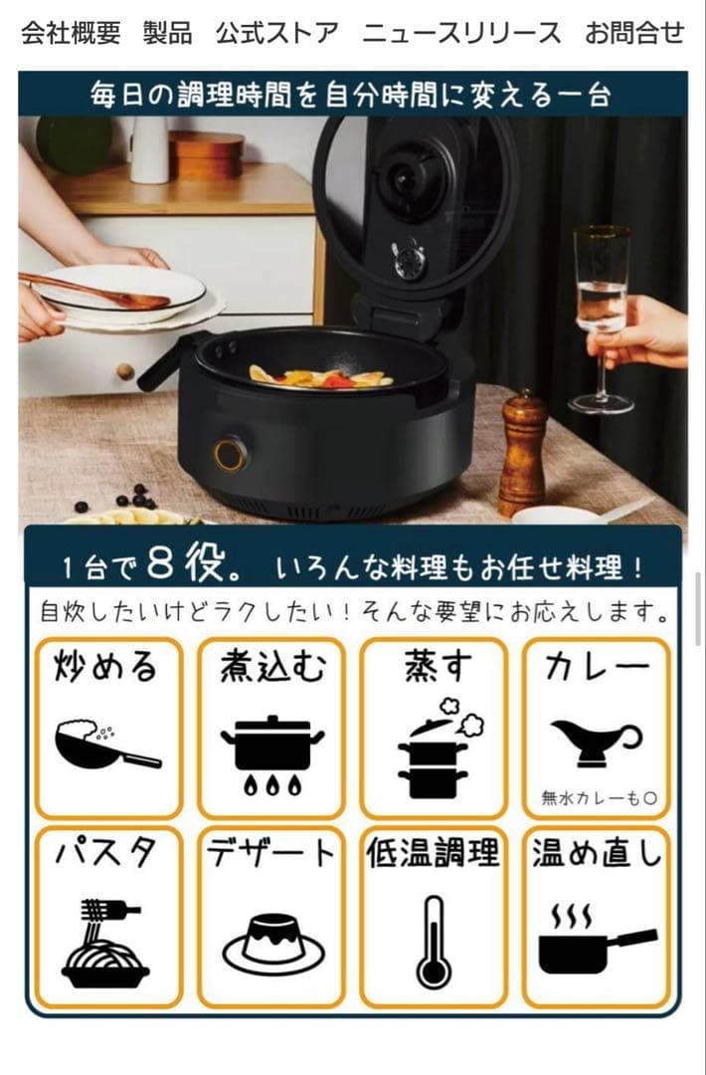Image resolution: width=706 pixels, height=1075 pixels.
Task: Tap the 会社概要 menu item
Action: [x=71, y=34]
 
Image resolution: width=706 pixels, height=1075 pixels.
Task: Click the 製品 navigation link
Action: [x=168, y=34]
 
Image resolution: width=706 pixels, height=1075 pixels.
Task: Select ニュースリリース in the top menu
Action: [x=461, y=34]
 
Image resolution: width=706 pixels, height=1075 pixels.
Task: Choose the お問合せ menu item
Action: [x=634, y=34]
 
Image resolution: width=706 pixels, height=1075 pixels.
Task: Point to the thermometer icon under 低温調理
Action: [x=434, y=941]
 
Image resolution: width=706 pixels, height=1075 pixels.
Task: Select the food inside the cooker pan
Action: [x=316, y=377]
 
